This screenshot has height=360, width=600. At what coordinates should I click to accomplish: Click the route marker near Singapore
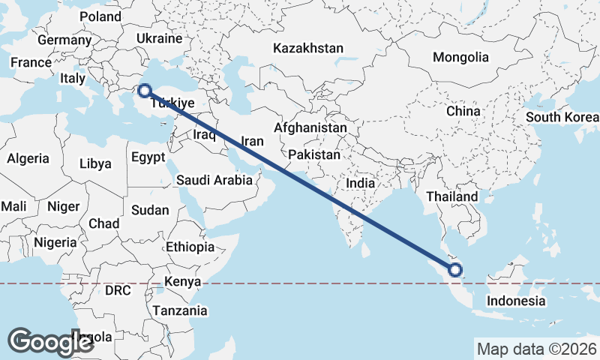(x=454, y=271)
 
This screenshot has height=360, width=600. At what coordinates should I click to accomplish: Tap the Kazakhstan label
(x=308, y=48)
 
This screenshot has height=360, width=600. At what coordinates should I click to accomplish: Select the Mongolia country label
(x=460, y=57)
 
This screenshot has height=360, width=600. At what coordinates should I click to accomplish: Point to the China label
(x=463, y=111)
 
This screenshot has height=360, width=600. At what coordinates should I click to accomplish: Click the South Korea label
(x=562, y=118)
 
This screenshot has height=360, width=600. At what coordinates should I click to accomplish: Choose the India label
(x=360, y=183)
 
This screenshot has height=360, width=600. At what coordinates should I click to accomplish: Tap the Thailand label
(x=452, y=196)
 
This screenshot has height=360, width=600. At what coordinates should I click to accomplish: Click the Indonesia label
(x=515, y=301)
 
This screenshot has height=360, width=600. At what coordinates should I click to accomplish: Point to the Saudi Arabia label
(x=214, y=180)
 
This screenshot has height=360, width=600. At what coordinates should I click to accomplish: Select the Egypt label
(x=148, y=157)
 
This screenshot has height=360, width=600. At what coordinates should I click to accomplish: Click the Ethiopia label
(x=190, y=247)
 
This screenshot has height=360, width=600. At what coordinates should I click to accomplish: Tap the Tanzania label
(x=181, y=310)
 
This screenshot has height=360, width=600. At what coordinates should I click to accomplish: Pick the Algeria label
(x=28, y=158)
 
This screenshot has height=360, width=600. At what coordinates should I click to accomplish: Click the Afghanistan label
(x=310, y=127)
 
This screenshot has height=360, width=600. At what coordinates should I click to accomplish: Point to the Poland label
(x=100, y=16)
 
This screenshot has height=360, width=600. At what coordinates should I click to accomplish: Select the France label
(x=31, y=63)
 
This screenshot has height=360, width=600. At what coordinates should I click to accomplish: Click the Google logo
(x=50, y=342)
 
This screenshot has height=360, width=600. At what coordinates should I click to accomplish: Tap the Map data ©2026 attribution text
(x=537, y=349)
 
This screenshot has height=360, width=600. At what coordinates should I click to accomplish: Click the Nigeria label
(x=55, y=242)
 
